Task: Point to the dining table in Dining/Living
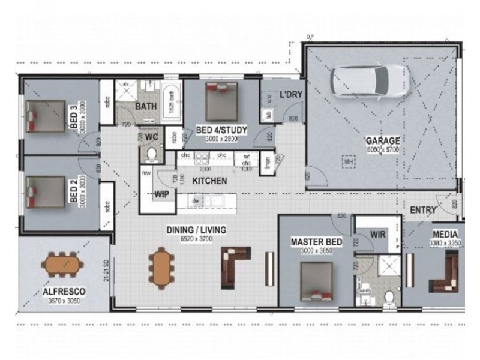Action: pyautogui.click(x=161, y=267)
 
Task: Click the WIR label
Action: pyautogui.click(x=377, y=233)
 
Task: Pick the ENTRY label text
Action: pyautogui.click(x=423, y=210)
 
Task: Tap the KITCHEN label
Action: pyautogui.click(x=209, y=181)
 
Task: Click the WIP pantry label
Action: pyautogui.click(x=161, y=194)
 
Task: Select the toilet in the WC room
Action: pyautogui.click(x=151, y=155)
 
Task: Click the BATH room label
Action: pyautogui.click(x=146, y=106)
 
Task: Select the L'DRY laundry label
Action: pyautogui.click(x=290, y=94)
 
